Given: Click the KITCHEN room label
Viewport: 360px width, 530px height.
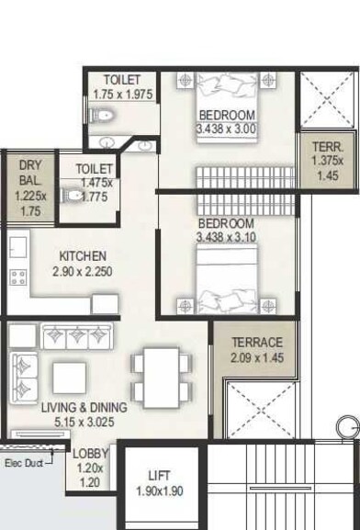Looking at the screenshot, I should (83, 255).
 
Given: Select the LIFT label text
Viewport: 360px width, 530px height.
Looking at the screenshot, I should (159, 476).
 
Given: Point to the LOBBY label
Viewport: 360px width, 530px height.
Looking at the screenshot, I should (91, 453).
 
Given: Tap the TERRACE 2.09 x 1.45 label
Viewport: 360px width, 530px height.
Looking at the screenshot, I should (256, 343).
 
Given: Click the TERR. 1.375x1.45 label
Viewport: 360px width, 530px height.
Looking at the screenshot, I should (326, 146).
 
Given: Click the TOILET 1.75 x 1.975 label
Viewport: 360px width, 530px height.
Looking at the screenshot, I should (123, 79).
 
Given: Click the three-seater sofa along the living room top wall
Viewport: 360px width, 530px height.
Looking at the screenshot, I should (72, 334).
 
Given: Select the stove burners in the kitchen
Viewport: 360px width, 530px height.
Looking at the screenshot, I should (17, 276).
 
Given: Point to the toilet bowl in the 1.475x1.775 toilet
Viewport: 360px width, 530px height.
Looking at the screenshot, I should (73, 196).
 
